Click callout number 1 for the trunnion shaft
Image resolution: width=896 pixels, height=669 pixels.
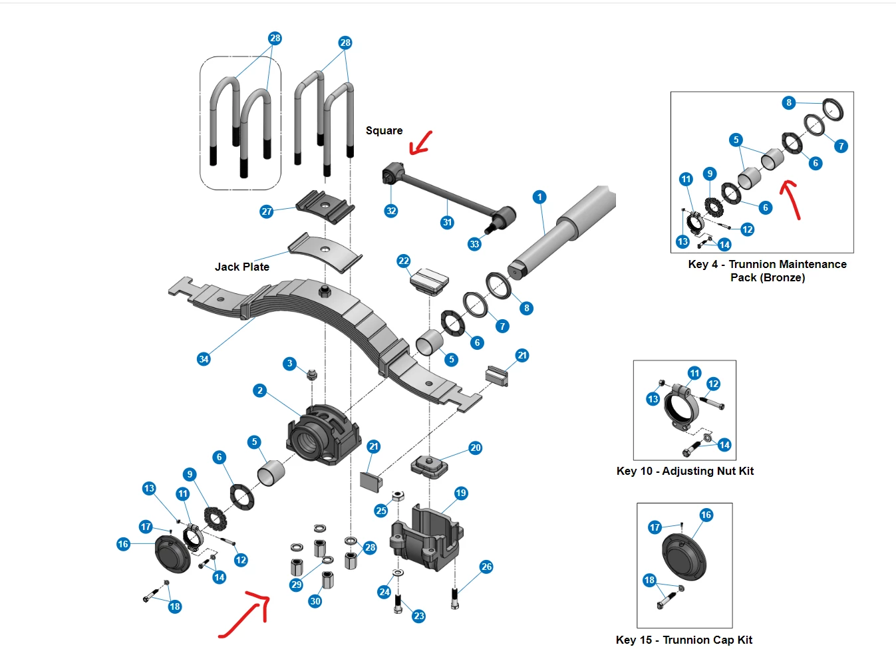point(539,197)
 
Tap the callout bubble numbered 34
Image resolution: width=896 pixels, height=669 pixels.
point(204,359)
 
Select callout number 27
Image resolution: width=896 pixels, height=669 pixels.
point(266,211)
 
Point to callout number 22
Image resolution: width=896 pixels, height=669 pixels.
point(403,261)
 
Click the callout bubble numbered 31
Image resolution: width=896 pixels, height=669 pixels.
point(447,223)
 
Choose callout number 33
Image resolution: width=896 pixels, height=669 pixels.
point(474,244)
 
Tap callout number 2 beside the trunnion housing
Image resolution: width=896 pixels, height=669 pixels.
point(260,390)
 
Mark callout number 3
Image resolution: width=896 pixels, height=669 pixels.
point(289,363)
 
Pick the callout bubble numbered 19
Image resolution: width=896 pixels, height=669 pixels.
point(461,493)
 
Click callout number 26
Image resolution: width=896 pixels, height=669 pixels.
point(486,567)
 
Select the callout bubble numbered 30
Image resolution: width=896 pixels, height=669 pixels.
point(315,601)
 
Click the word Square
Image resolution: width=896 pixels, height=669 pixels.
point(384,131)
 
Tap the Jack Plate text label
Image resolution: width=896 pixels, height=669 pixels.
point(242,267)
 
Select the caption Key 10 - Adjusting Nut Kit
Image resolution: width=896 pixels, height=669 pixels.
point(685,471)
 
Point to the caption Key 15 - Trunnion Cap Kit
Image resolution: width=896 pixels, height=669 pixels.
point(684,640)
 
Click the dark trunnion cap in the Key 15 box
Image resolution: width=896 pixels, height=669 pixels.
point(684,557)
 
